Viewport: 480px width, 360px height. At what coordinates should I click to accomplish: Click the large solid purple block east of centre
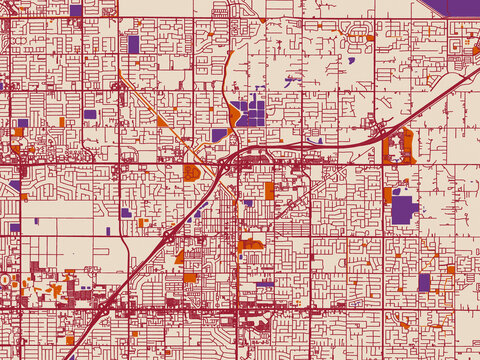(x=403, y=209)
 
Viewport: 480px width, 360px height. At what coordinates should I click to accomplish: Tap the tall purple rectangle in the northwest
(x=133, y=44)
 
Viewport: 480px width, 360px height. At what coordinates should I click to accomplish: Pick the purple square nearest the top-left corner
(x=76, y=10)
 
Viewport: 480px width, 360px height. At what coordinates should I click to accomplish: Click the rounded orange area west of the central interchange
(x=190, y=172)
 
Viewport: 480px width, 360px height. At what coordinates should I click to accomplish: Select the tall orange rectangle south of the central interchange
(x=269, y=191)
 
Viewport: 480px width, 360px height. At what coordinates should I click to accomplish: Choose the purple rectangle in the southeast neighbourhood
(x=424, y=282)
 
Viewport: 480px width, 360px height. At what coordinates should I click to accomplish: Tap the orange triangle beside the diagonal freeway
(x=180, y=257)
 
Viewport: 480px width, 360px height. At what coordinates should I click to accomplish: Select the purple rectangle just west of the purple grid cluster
(x=219, y=135)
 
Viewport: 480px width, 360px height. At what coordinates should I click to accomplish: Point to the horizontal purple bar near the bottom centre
(x=265, y=284)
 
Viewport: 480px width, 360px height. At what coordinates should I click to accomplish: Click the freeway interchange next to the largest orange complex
(x=379, y=127)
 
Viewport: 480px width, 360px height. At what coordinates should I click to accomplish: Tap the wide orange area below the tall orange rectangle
(x=251, y=243)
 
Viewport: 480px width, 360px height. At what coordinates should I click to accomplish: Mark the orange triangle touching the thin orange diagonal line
(x=162, y=121)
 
